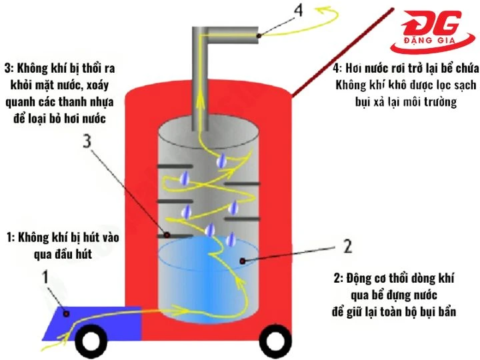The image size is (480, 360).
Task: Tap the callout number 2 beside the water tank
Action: [x=347, y=245]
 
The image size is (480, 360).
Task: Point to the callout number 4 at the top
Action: [x=281, y=11]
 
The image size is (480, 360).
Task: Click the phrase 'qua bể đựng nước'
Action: [x=393, y=296]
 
